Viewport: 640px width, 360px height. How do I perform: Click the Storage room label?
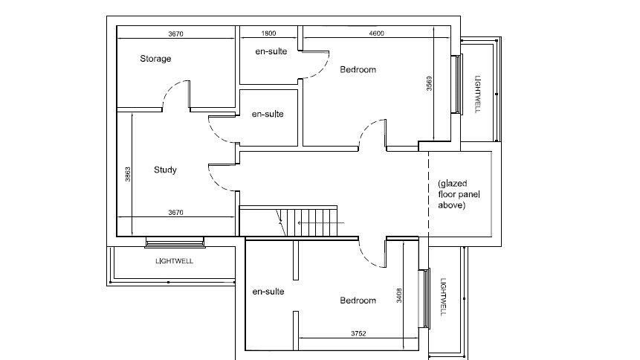click(155, 59)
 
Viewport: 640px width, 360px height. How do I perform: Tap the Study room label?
click(165, 170)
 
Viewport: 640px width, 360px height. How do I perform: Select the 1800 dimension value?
click(268, 33)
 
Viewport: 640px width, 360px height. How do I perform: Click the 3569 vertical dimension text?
click(429, 84)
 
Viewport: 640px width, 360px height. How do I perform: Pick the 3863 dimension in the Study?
click(128, 174)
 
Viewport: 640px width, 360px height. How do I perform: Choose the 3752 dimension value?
click(359, 333)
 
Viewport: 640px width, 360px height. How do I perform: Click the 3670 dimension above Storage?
click(176, 33)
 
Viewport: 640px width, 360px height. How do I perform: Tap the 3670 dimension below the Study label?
click(175, 213)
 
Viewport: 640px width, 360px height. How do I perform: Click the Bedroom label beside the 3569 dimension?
click(358, 70)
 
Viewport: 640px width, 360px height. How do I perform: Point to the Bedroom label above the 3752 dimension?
click(358, 300)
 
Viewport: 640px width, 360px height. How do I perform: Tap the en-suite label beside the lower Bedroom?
click(268, 292)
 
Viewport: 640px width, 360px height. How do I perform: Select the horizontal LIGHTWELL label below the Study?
click(174, 261)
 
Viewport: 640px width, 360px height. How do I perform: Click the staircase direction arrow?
click(320, 222)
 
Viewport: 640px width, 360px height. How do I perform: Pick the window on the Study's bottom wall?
click(175, 241)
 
